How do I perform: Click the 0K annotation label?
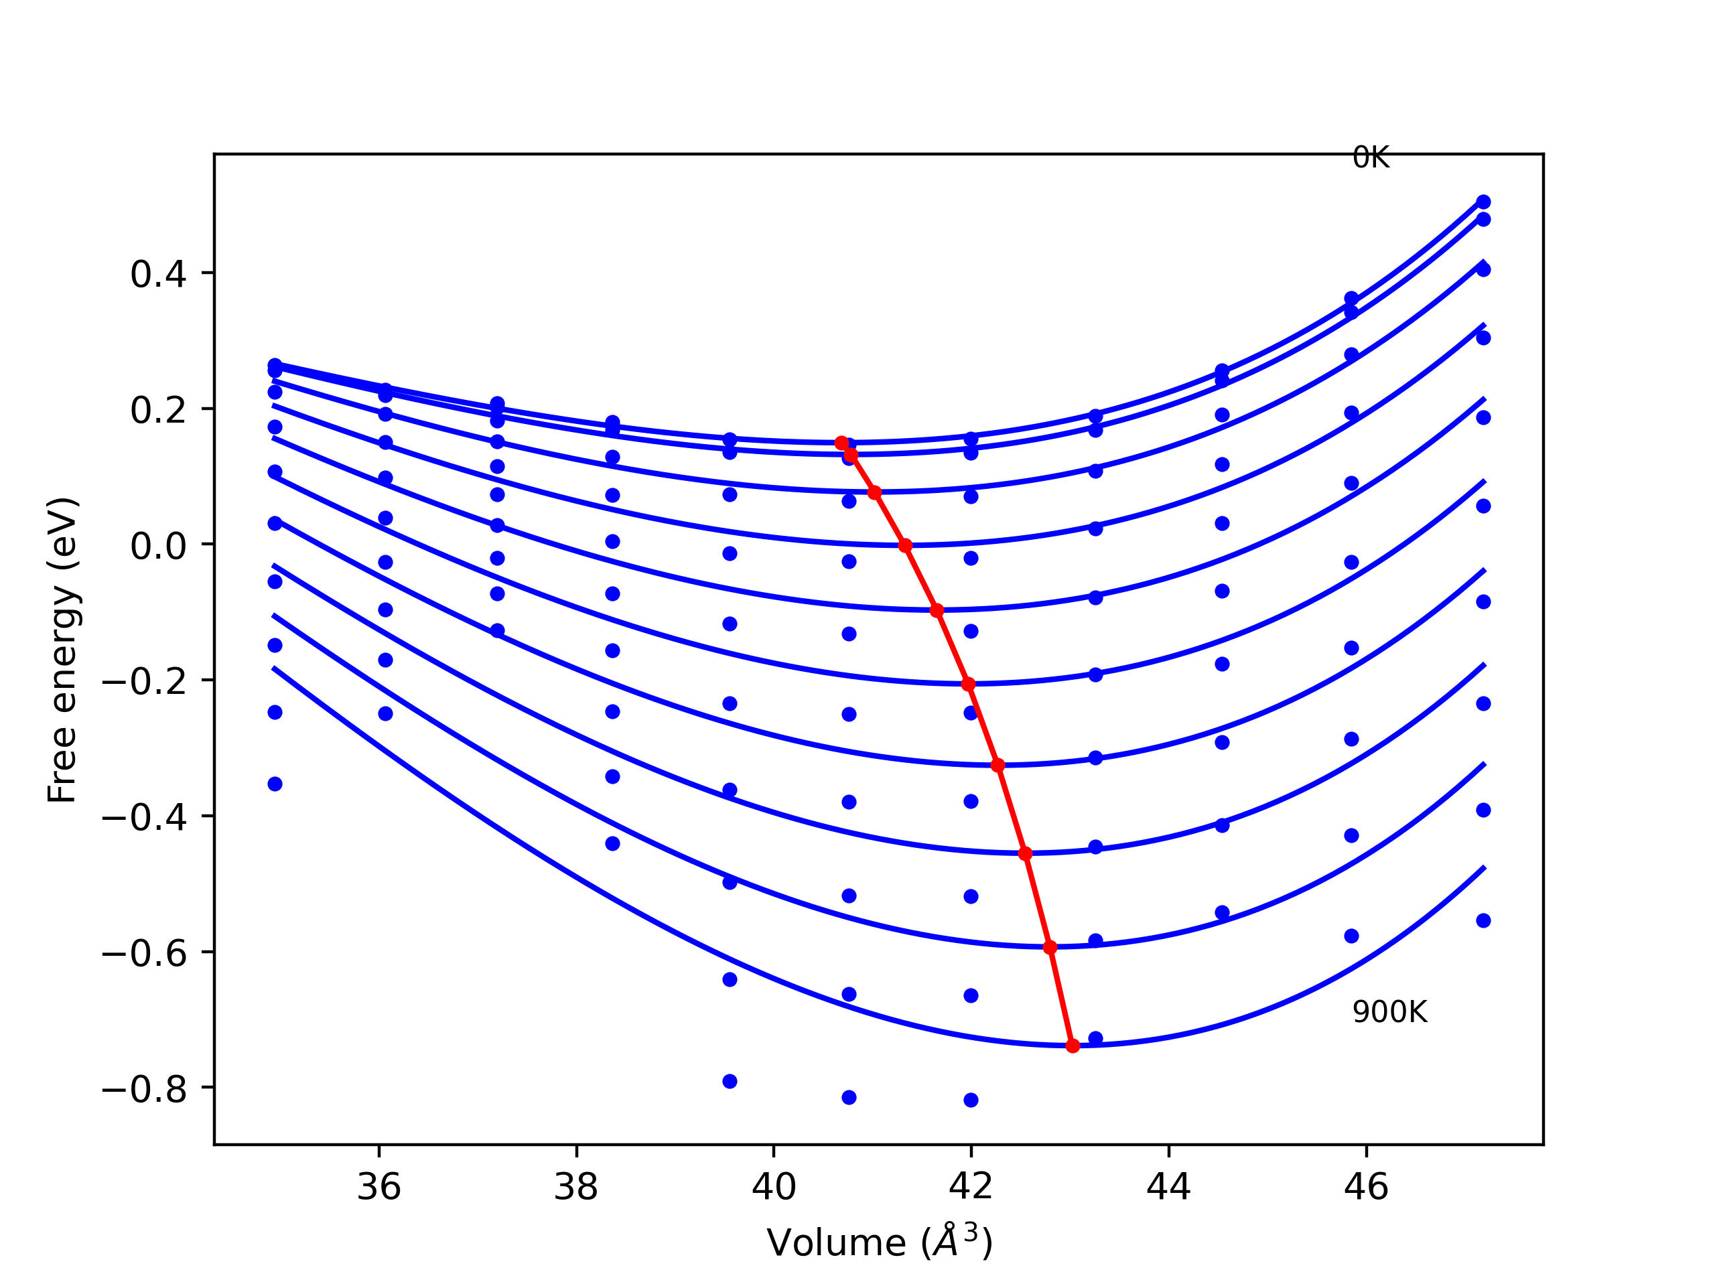pos(1370,158)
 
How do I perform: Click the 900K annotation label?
pos(1389,1012)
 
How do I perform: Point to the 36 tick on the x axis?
pos(379,1188)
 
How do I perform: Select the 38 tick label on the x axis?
pos(576,1188)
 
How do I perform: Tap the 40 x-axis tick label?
pos(774,1188)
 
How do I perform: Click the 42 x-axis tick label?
pos(971,1188)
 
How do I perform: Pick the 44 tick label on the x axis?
pos(1168,1188)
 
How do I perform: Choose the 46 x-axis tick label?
pos(1366,1188)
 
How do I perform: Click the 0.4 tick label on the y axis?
pos(158,275)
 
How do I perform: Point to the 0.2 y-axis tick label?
pos(158,410)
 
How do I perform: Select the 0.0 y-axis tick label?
pos(158,546)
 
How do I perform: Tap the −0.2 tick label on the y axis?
pos(144,681)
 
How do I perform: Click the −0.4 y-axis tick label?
pos(144,818)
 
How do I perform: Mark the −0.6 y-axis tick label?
pos(144,954)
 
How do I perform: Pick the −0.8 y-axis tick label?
pos(144,1090)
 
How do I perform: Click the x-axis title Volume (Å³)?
pos(879,1242)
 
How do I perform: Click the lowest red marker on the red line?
pos(1073,1046)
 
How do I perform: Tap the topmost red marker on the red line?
pos(842,443)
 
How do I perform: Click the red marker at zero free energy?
pos(905,546)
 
